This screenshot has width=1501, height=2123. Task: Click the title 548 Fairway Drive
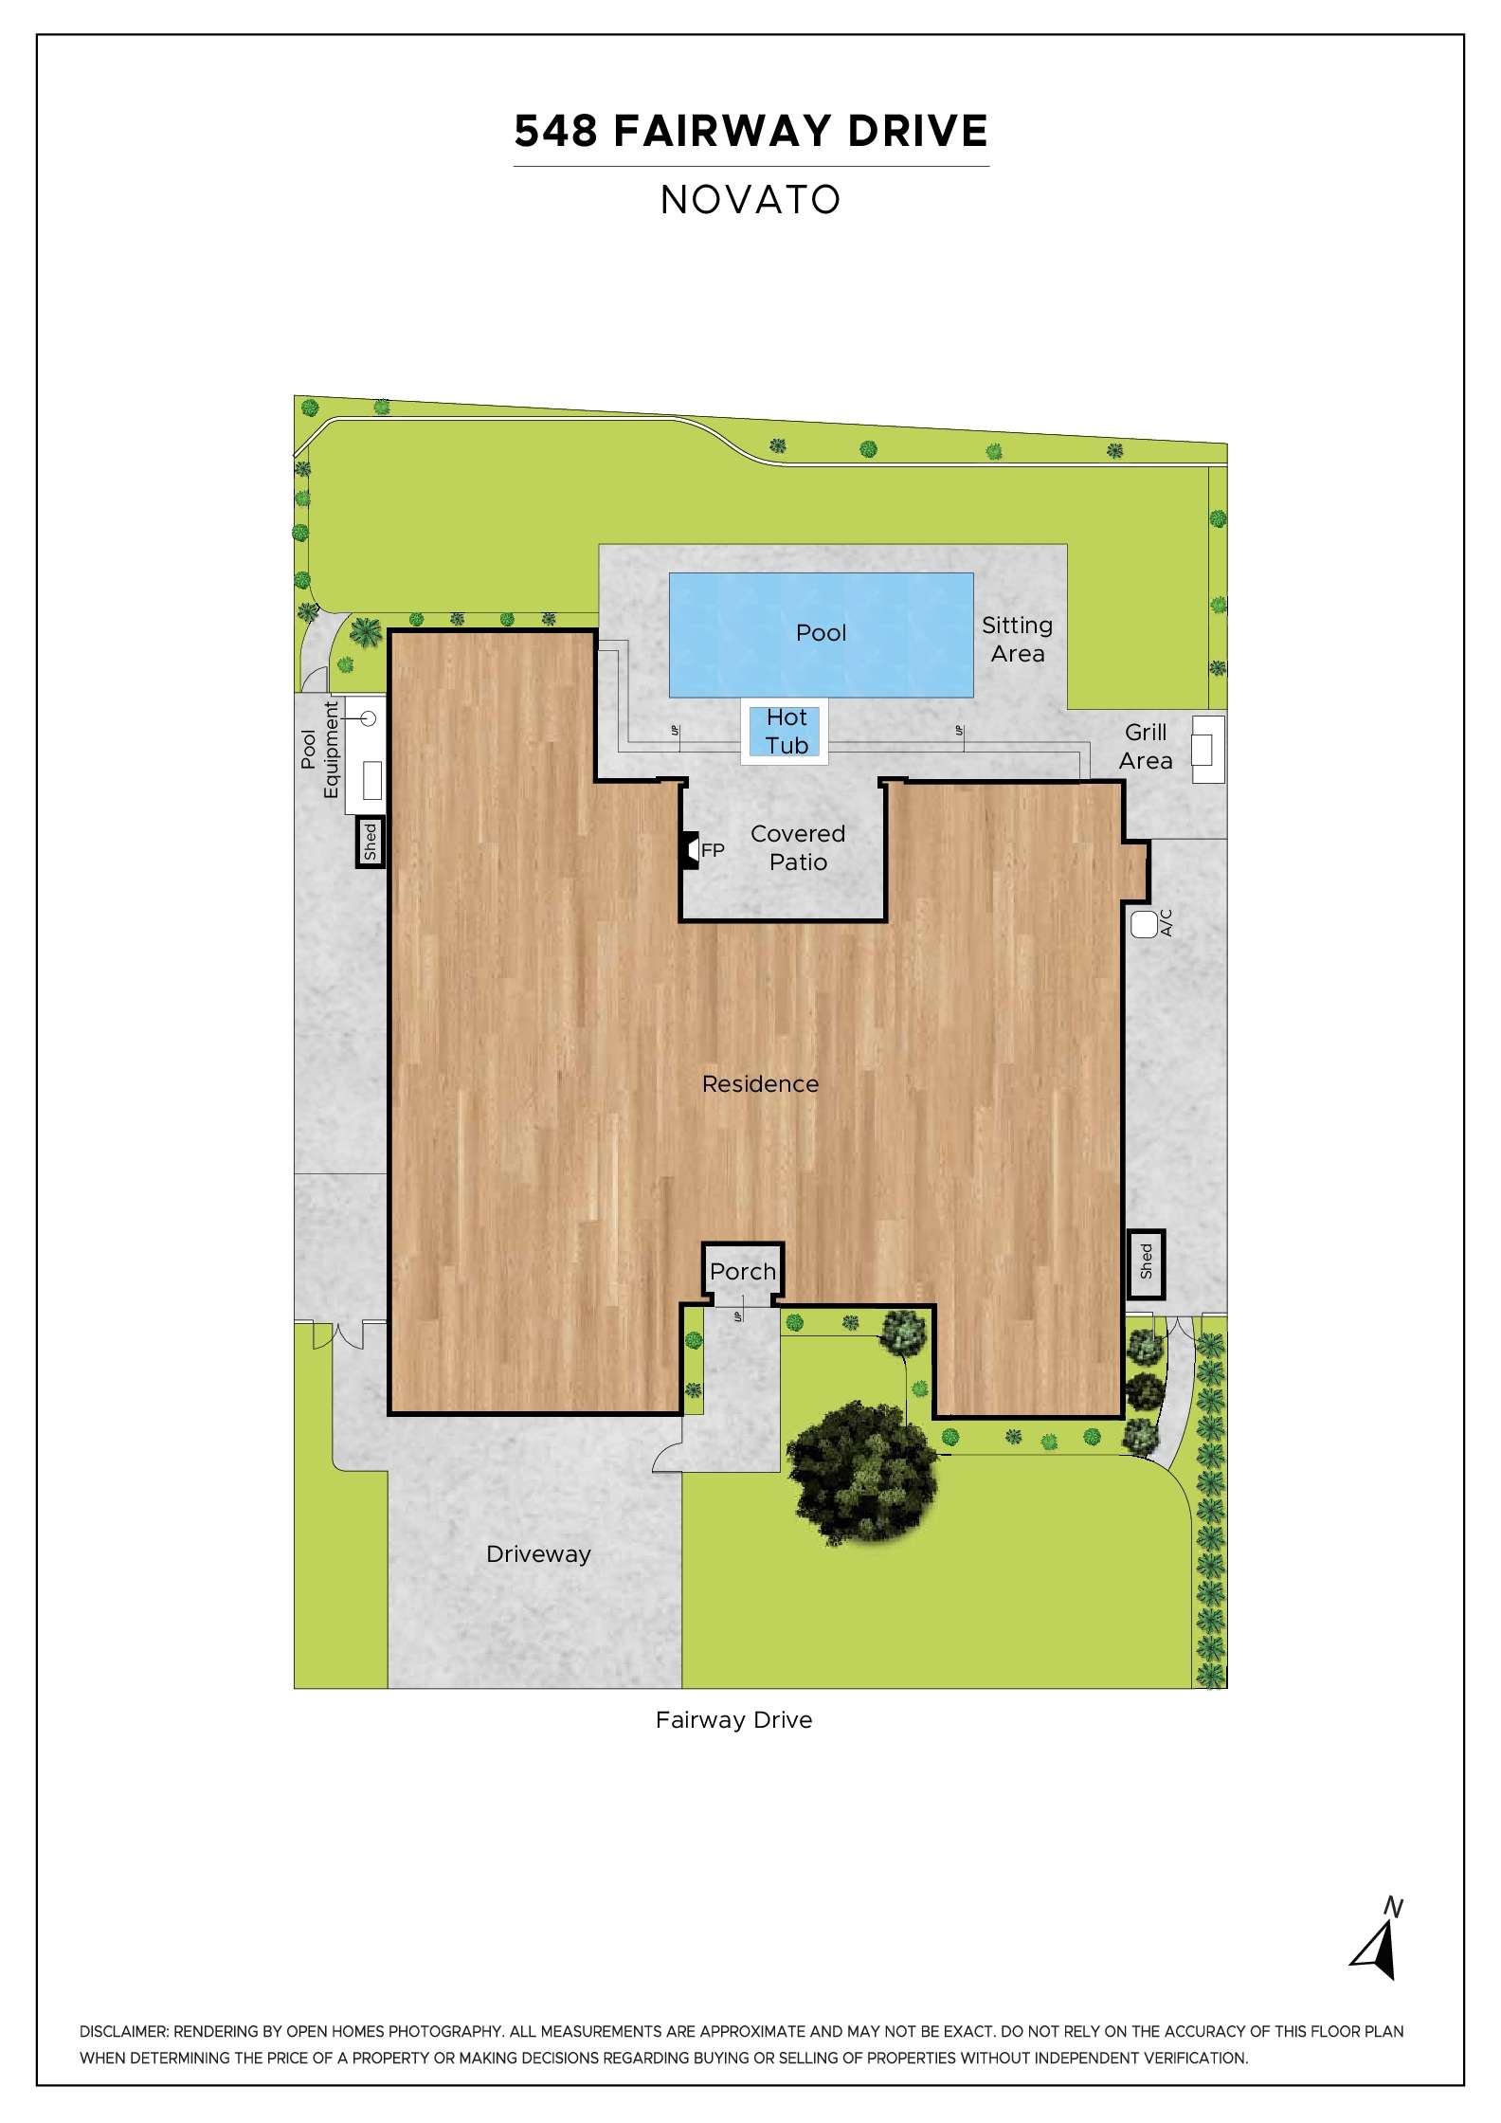pyautogui.click(x=750, y=132)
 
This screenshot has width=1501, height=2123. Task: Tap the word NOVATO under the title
pyautogui.click(x=750, y=200)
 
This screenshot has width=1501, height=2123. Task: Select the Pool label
pyautogui.click(x=821, y=633)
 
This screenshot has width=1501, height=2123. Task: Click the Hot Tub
pyautogui.click(x=786, y=732)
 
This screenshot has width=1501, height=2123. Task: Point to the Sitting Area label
pyautogui.click(x=1017, y=640)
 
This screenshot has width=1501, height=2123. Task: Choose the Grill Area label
pyautogui.click(x=1146, y=747)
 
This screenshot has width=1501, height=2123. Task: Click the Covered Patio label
pyautogui.click(x=798, y=848)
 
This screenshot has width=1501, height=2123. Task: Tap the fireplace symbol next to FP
pyautogui.click(x=690, y=850)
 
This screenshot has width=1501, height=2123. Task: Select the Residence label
pyautogui.click(x=760, y=1084)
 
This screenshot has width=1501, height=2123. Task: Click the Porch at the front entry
pyautogui.click(x=743, y=1273)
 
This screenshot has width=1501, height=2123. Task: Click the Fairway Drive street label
pyautogui.click(x=733, y=1720)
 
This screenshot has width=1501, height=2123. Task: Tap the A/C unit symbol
pyautogui.click(x=1144, y=923)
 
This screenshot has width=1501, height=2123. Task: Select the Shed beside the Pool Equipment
pyautogui.click(x=371, y=841)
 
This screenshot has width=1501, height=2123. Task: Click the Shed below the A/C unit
pyautogui.click(x=1146, y=1264)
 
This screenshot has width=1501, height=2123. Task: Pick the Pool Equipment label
pyautogui.click(x=320, y=749)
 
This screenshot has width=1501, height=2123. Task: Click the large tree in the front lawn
pyautogui.click(x=861, y=1476)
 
